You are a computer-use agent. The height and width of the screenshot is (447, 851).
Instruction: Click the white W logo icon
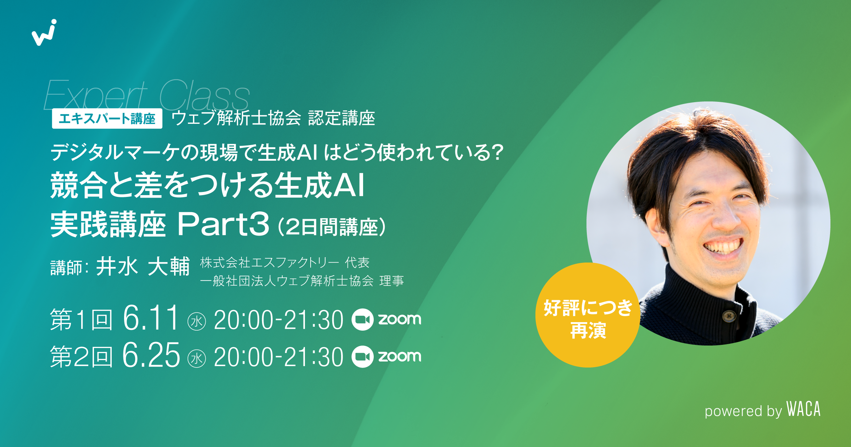(x=44, y=33)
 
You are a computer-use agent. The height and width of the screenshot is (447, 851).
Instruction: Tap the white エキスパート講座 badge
(x=107, y=118)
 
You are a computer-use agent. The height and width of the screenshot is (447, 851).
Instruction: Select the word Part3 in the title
(x=223, y=224)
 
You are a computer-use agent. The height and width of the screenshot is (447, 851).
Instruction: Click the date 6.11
(x=151, y=318)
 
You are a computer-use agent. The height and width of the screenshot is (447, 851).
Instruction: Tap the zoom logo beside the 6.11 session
(x=386, y=319)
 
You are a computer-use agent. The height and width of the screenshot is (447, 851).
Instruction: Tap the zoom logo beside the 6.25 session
(x=386, y=356)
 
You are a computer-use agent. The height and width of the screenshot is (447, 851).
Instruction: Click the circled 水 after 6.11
(x=196, y=321)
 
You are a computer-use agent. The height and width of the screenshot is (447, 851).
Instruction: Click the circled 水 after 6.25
(x=196, y=358)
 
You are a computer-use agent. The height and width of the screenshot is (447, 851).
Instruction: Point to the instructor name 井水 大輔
(x=143, y=267)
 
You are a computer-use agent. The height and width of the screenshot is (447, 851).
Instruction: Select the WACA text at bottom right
(x=803, y=409)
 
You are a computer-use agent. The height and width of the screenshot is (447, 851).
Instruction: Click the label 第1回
(x=81, y=320)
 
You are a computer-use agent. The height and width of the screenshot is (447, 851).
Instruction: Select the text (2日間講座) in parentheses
(x=332, y=227)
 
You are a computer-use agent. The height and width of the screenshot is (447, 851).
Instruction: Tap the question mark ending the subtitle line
(x=497, y=153)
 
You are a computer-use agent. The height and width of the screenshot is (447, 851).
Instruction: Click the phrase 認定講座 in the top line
(x=341, y=118)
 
